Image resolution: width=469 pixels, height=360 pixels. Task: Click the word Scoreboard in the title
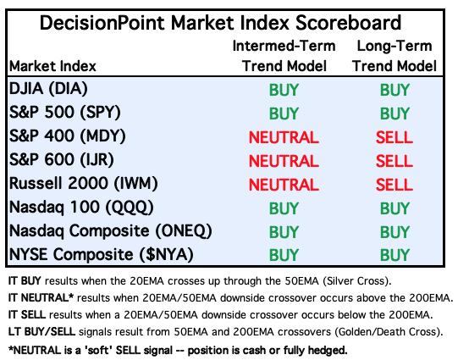tap(349, 23)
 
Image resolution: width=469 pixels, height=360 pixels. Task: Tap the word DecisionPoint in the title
tap(102, 23)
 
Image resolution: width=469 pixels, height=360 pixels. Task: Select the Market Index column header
tap(52, 66)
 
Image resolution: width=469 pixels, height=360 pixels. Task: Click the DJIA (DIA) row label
tap(48, 89)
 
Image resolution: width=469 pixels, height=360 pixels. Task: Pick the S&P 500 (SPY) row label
tap(65, 112)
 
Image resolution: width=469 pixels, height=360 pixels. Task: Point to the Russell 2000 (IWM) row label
tap(84, 183)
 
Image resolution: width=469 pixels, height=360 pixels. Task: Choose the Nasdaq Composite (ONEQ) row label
tap(111, 230)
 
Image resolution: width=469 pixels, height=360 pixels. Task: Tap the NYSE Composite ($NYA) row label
tap(102, 254)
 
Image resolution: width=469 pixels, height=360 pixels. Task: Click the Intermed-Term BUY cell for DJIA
tap(284, 90)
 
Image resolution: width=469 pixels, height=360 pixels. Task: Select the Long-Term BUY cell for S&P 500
tap(395, 114)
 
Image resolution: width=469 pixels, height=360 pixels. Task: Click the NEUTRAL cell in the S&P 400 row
tap(284, 137)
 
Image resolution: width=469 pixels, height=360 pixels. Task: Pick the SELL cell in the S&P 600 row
tap(395, 161)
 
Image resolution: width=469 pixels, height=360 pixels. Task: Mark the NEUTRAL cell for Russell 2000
tap(284, 185)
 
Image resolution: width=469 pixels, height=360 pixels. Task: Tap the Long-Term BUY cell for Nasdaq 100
tap(395, 208)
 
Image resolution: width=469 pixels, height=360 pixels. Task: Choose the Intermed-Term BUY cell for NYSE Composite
tap(284, 255)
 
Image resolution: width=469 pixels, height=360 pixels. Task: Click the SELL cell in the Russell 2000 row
tap(395, 185)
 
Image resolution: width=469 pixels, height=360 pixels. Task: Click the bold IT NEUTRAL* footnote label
tap(41, 298)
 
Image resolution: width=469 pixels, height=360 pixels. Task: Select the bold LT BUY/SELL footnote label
tap(41, 331)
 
